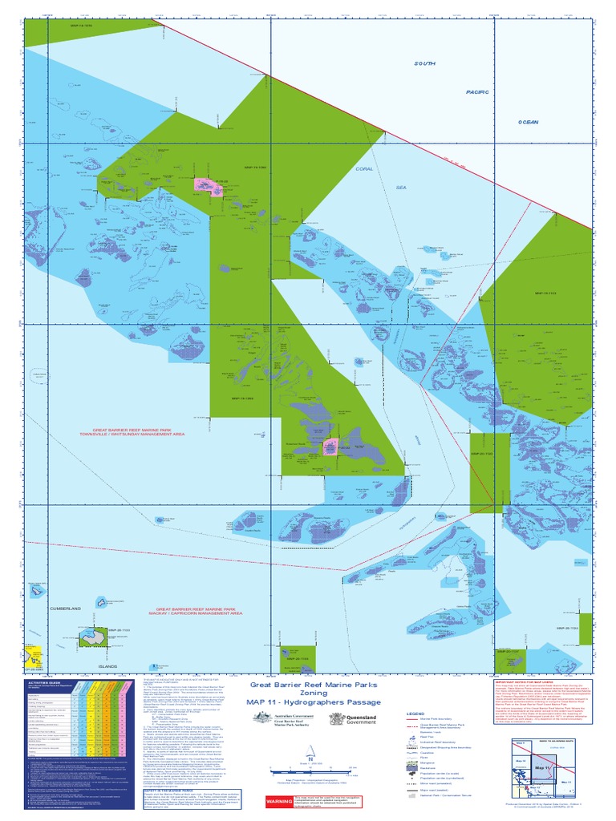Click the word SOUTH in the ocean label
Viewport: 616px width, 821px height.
[x=425, y=64]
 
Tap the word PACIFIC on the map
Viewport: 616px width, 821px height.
[x=477, y=92]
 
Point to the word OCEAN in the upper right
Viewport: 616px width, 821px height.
[x=528, y=122]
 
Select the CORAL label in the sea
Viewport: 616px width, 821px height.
[x=365, y=169]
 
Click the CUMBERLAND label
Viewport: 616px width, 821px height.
[x=66, y=609]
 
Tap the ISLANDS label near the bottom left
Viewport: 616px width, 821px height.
[x=107, y=666]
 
